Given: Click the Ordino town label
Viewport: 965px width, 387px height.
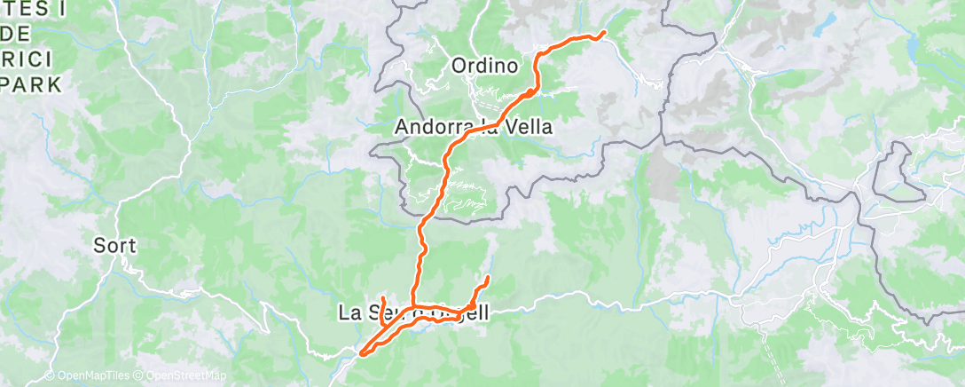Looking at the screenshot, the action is coord(484,66).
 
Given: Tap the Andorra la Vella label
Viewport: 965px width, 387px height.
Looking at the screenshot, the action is coord(473,128).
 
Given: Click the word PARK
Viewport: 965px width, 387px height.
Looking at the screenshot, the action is coord(31,84).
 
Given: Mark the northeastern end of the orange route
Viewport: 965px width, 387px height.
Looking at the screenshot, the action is coord(604,34).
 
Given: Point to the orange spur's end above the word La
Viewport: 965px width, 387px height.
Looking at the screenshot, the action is coord(382,296).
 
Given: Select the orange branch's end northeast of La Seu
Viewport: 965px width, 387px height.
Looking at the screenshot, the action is coord(488,279).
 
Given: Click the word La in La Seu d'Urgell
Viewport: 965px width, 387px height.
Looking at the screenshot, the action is coord(349,312).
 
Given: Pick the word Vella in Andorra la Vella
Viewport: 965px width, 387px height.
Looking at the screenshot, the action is coord(529,128).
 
